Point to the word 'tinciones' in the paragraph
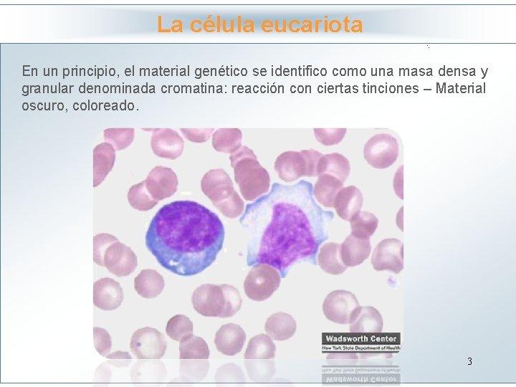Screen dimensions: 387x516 click(395, 89)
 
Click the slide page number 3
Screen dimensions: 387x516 click(469, 361)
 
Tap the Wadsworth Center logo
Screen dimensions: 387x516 click(360, 341)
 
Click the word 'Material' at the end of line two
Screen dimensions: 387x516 click(460, 89)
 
